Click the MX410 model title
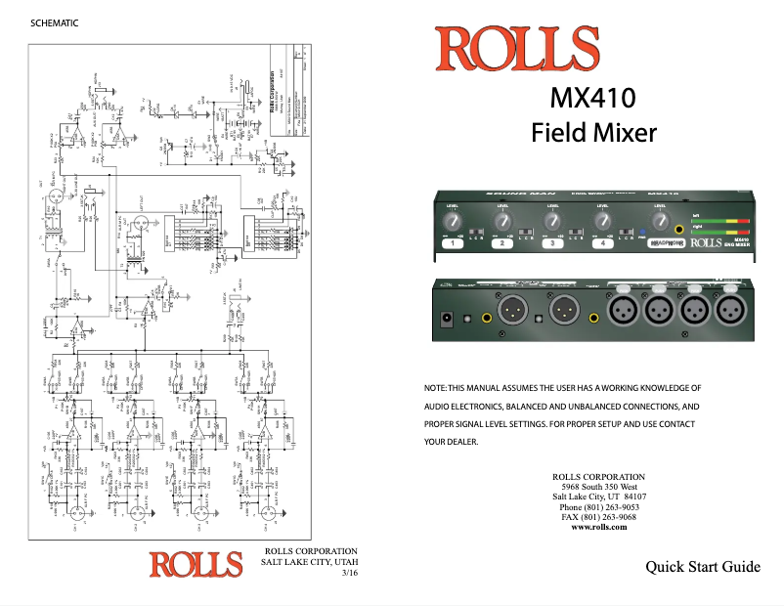[592, 99]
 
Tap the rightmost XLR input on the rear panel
[730, 312]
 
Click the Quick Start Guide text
[702, 567]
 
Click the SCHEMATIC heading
[55, 23]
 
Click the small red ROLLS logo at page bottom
[196, 565]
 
